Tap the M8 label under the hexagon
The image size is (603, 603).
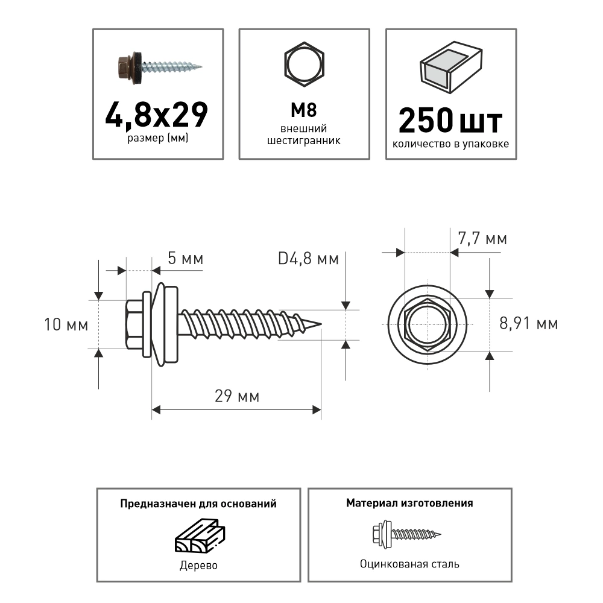coord(304,110)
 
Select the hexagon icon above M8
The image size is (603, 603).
coord(304,66)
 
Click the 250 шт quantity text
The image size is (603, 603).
coord(450,121)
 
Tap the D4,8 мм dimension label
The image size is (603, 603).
coord(308,259)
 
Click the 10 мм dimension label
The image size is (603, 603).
coord(66,325)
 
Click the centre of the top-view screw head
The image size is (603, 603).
coord(427,324)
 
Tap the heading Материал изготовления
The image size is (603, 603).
coord(409,503)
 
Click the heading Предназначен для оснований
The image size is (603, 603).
coord(198,504)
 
